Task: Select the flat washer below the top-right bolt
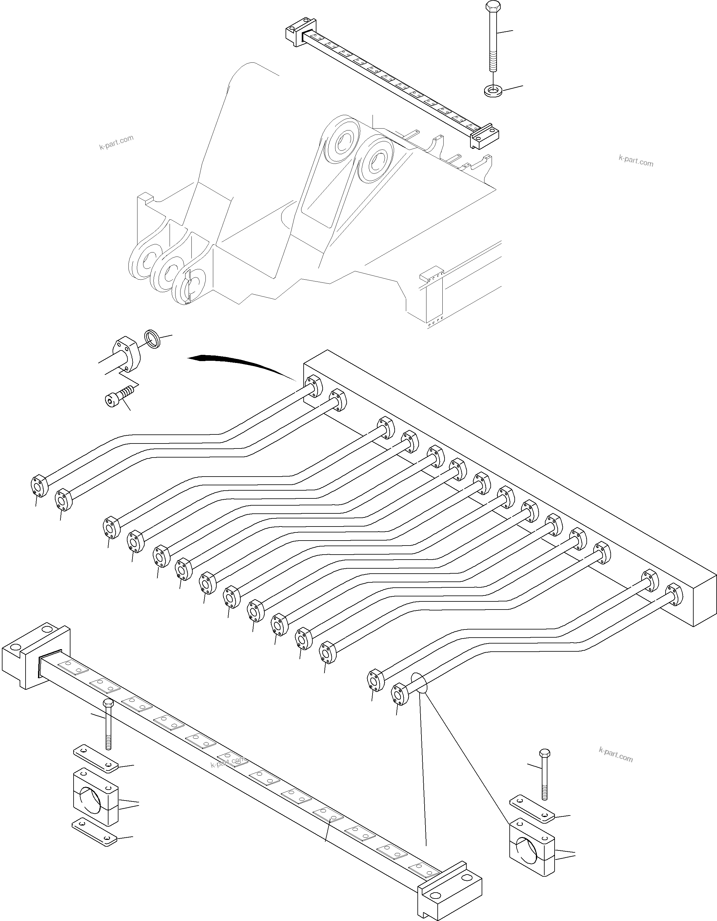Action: [493, 90]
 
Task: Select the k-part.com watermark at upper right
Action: [636, 161]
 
